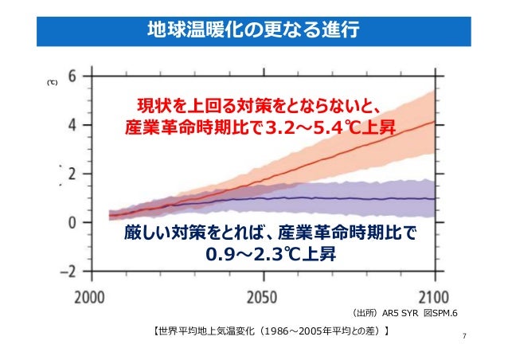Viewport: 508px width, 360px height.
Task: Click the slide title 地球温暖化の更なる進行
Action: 254,29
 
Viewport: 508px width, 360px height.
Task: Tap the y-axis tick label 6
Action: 73,76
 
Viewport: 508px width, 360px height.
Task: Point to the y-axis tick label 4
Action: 73,125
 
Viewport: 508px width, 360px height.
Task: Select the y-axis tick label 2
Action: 73,174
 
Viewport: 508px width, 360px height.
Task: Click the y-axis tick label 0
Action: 73,222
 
